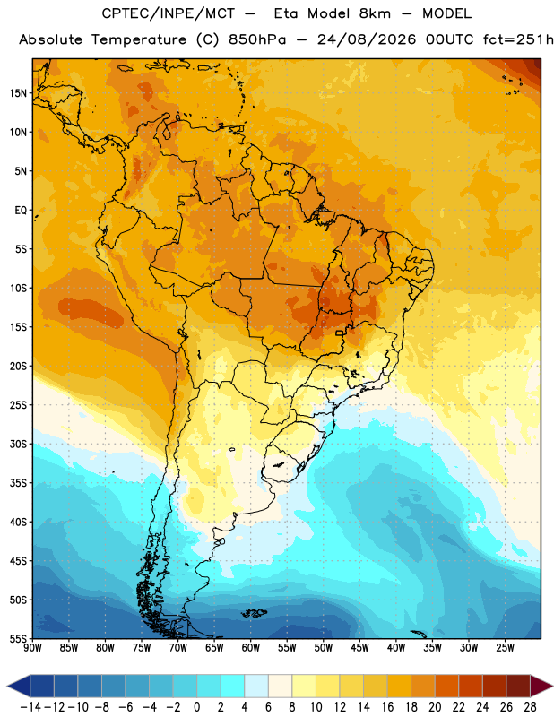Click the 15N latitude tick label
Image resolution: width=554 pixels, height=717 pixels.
(18, 93)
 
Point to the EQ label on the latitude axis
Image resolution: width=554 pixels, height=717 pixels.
(21, 211)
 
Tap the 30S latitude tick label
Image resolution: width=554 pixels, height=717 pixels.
(18, 444)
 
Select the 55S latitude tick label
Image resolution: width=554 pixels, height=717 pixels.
(18, 639)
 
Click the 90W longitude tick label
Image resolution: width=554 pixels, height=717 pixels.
(32, 647)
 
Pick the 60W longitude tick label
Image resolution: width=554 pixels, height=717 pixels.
(251, 647)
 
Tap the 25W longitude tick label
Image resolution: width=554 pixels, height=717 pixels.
(505, 647)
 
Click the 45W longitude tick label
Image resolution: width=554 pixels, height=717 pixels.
(359, 647)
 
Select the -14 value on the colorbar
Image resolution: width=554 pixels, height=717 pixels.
(30, 707)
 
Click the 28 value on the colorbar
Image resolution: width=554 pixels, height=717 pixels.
(530, 707)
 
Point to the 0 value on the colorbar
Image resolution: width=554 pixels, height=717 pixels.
(196, 707)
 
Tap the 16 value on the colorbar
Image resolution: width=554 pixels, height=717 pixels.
(387, 707)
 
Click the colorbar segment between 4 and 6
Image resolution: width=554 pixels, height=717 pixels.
(256, 686)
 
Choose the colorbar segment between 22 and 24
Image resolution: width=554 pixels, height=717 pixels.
(471, 686)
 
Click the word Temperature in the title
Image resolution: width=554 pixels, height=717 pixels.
(139, 39)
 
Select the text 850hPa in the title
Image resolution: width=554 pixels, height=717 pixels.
(257, 39)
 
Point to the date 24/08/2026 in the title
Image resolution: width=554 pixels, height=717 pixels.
(367, 39)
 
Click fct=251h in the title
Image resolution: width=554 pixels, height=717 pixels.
(518, 39)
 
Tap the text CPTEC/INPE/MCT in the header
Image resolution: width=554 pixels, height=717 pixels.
(168, 13)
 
